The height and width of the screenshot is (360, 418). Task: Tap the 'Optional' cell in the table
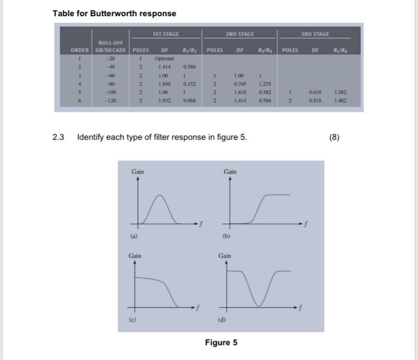(x=164, y=59)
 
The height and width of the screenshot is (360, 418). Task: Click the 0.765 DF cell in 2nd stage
(x=240, y=85)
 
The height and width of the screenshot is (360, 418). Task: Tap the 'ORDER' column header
(x=80, y=50)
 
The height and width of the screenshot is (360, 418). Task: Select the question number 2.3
(x=58, y=137)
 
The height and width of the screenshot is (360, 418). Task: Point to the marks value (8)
(x=334, y=137)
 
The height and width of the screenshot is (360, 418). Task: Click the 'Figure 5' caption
(x=221, y=343)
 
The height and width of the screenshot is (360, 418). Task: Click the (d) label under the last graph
(x=226, y=321)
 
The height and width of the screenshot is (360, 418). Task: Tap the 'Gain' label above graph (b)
(x=230, y=172)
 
